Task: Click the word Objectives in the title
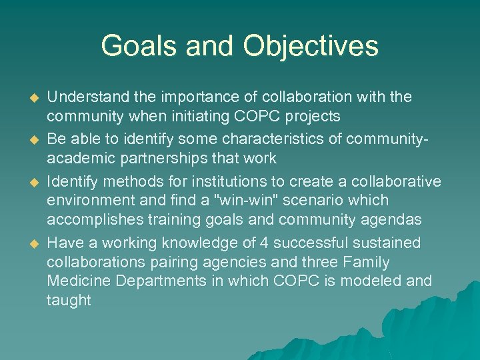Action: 311,46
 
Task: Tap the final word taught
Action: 69,301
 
